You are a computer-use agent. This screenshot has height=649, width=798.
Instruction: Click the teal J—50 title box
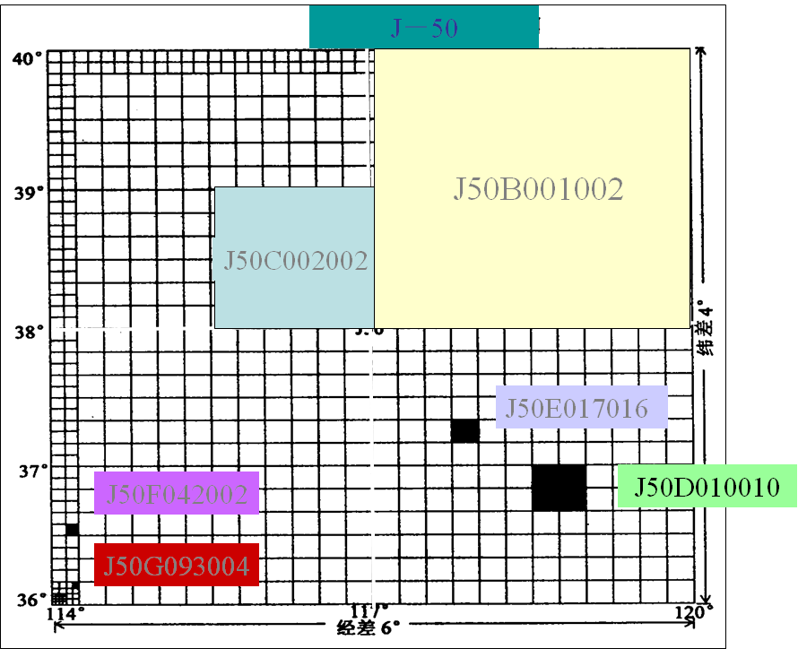point(423,28)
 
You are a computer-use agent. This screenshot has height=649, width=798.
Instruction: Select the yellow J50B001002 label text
point(537,190)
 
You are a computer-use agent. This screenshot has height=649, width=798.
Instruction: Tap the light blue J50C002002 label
point(295,261)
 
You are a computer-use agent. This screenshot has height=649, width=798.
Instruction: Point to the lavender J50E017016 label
point(577,409)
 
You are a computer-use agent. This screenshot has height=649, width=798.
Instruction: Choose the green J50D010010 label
point(707,488)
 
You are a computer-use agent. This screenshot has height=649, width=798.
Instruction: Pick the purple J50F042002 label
point(177,493)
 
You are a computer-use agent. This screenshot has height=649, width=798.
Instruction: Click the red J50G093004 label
point(177,566)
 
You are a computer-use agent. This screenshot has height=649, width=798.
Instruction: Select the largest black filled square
point(559,488)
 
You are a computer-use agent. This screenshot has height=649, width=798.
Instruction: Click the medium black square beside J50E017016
point(464,430)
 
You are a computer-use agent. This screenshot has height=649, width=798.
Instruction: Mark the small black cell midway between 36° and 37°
point(72,529)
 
